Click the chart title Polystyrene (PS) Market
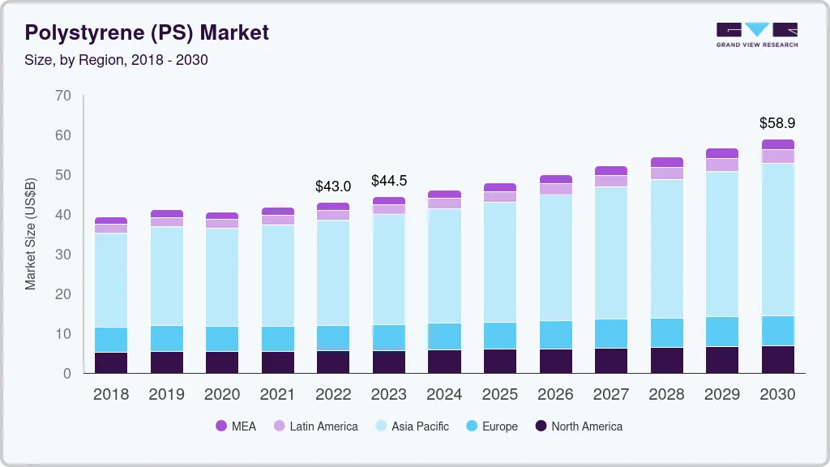[x=147, y=33]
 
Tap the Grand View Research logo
[x=756, y=35]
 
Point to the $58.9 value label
[x=777, y=123]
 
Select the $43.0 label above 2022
[x=333, y=186]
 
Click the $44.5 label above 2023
[x=388, y=180]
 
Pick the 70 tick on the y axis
[x=62, y=96]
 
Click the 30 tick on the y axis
[x=62, y=255]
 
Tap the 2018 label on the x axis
[x=110, y=395]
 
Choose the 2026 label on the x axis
[x=555, y=395]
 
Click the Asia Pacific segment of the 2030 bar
[x=778, y=239]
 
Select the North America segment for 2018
[x=111, y=362]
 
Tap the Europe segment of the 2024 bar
[x=444, y=336]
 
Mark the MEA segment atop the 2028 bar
[x=667, y=162]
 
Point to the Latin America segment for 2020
[x=222, y=224]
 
